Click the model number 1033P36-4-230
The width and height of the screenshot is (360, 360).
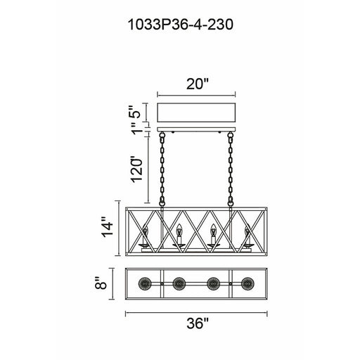click(x=180, y=25)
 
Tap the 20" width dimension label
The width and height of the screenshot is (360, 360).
click(x=197, y=84)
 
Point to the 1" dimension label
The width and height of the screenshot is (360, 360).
click(x=136, y=129)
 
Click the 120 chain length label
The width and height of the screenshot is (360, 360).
click(x=136, y=170)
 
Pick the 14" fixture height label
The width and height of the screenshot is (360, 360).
click(x=107, y=227)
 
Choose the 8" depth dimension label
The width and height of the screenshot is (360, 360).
click(x=101, y=283)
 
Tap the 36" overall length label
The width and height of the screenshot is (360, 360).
click(x=198, y=323)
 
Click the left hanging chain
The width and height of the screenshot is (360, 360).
click(x=162, y=169)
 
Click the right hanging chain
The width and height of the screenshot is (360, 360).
click(x=231, y=169)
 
